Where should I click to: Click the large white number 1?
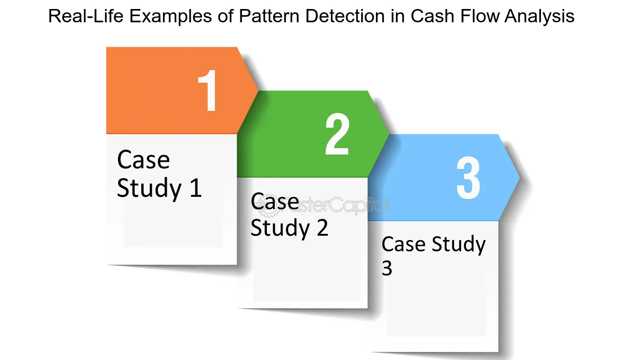click(x=208, y=91)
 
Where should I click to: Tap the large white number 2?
click(x=337, y=134)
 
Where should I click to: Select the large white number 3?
click(x=468, y=178)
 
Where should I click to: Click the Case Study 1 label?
click(x=159, y=174)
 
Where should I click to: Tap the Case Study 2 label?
click(x=289, y=215)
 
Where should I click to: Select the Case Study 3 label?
click(x=433, y=256)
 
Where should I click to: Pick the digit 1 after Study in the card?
click(x=195, y=188)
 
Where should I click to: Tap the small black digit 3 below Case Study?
click(x=387, y=268)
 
